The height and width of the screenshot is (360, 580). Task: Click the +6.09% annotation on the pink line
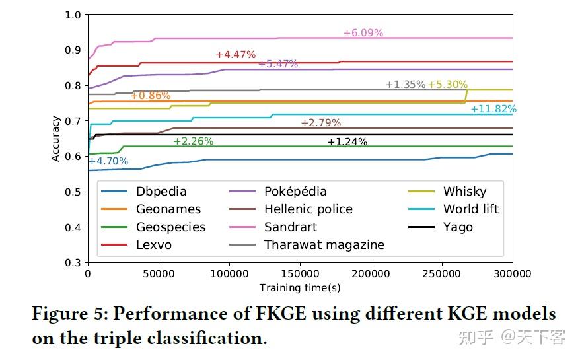pos(363,33)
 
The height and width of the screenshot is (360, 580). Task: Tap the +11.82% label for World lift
pos(493,109)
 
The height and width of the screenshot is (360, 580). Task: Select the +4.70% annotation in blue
pos(108,161)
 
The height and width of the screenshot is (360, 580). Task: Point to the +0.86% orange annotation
pos(150,96)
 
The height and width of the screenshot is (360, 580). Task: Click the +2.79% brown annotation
pos(320,123)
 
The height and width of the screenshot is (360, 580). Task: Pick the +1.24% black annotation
pos(347,142)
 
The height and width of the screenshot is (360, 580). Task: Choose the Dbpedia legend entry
pos(161,192)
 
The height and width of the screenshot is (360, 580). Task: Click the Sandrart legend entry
pos(291,227)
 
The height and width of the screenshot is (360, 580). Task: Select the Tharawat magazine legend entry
pos(324,245)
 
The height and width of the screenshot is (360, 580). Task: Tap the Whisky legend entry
pos(464,192)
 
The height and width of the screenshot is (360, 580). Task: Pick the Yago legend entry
pos(458,227)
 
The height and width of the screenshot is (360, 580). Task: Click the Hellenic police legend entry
pos(308,209)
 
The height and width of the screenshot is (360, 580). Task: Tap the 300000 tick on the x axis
pos(512,273)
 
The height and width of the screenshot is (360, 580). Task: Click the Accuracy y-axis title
pos(56,139)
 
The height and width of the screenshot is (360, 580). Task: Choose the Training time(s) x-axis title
pos(300,288)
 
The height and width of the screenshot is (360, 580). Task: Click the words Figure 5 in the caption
pos(73,314)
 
